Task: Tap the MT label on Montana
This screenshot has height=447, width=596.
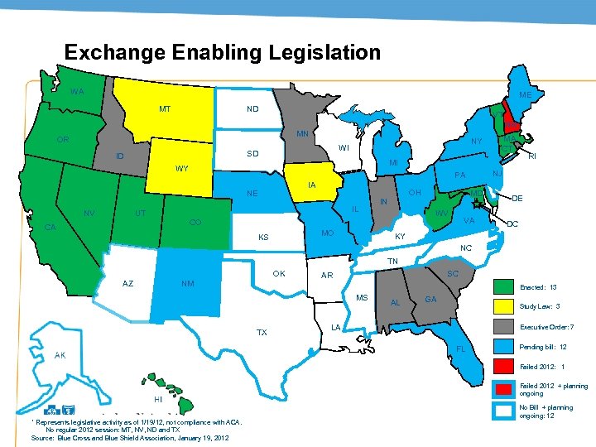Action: coord(165,109)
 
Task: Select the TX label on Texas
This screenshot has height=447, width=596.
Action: coord(262,332)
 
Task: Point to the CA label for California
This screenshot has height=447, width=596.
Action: coord(51,228)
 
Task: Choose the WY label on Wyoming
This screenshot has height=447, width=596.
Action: coord(181,169)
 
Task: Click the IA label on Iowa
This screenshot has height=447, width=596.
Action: coord(311,185)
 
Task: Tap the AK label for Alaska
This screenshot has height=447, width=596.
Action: coord(60,355)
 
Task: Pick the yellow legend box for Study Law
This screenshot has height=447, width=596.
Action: coord(502,305)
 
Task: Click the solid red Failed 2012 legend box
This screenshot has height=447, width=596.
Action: coord(502,366)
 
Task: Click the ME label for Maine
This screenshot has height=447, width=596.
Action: coord(525,95)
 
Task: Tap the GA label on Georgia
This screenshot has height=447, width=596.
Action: coord(430,299)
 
